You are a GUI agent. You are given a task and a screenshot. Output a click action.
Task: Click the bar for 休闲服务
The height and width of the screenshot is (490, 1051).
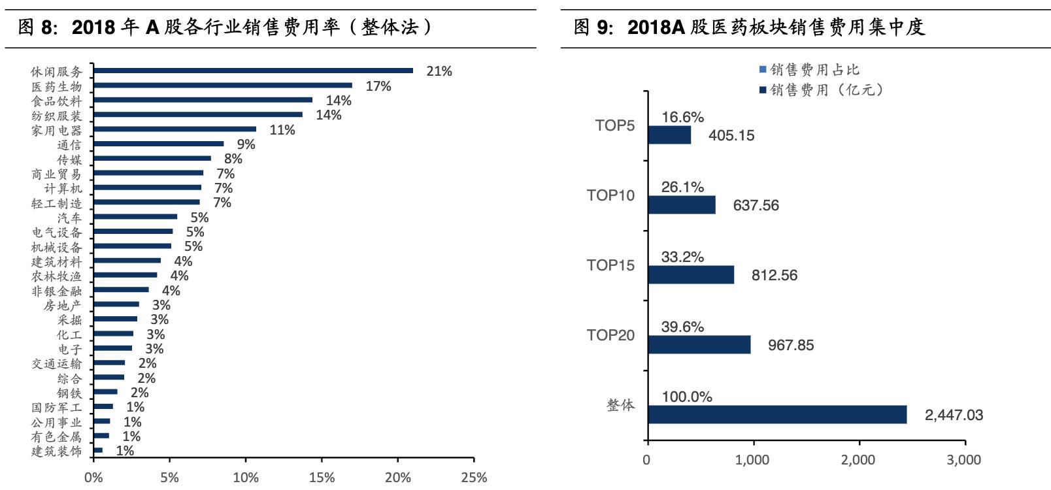coord(253,71)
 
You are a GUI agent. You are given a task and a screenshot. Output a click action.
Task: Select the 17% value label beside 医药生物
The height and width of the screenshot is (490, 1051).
coord(378,86)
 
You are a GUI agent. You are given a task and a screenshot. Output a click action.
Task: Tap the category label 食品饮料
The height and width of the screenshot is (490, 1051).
coord(57,101)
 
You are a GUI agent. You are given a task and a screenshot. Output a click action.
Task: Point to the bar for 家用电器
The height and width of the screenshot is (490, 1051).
coord(175,129)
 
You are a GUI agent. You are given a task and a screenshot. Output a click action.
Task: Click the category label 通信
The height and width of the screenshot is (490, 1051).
coord(69,145)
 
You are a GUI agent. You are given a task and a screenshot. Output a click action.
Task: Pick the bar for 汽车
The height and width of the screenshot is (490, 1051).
coord(135,216)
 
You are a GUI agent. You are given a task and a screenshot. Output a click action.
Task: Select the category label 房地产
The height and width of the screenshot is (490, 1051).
coord(63,305)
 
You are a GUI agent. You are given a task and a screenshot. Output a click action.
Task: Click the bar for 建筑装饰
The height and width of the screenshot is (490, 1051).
coord(98,450)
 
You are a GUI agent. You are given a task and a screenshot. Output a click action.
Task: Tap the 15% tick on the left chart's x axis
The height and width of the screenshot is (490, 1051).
coord(322,478)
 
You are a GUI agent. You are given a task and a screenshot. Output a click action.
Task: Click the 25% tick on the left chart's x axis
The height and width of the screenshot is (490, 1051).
coord(474,478)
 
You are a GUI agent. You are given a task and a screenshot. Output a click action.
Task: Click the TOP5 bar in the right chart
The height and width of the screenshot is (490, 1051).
coord(669,135)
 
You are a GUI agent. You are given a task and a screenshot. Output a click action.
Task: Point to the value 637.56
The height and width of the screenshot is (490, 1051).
coord(756,205)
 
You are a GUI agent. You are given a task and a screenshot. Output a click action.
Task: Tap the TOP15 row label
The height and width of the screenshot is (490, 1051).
coord(610,265)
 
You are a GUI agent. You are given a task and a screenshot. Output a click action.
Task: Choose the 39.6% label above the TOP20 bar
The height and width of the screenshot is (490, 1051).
coord(682,327)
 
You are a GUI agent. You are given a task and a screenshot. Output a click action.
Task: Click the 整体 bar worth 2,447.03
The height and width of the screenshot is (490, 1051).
coord(777,414)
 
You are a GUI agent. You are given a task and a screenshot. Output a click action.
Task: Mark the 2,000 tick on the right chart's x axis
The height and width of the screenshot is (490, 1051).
coord(858,460)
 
